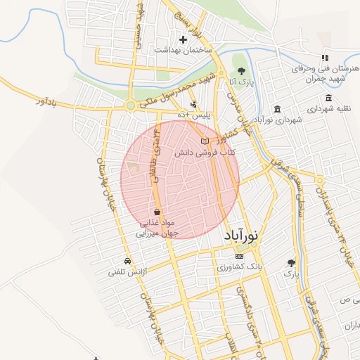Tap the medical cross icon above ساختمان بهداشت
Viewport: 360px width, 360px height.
pos(183,39)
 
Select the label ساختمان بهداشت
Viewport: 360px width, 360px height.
pos(179,51)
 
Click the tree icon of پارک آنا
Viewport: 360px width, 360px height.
pos(242,71)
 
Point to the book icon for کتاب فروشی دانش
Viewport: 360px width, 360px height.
pos(205,141)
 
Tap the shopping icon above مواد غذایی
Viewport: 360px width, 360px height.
pos(156,211)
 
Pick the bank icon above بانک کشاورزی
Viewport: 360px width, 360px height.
pos(239,257)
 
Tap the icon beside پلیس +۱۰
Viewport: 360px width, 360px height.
pos(193,105)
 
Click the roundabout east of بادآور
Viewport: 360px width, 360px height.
pos(130,105)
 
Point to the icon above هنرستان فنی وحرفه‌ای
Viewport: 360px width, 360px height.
pos(324,58)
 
